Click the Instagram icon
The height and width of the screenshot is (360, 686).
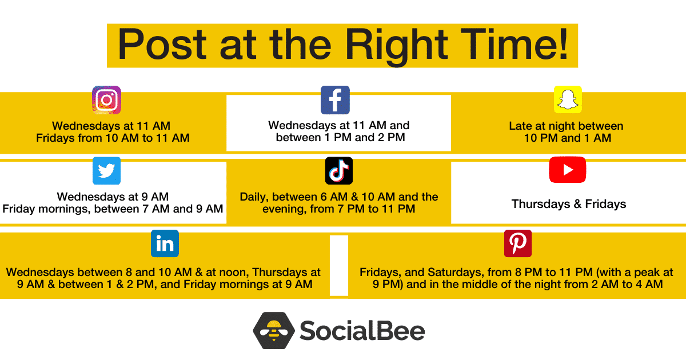click(106, 100)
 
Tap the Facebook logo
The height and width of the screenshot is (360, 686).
click(335, 100)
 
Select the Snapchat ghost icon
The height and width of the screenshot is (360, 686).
click(568, 99)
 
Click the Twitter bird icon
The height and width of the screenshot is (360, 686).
click(106, 171)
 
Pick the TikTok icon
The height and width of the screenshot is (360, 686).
click(338, 171)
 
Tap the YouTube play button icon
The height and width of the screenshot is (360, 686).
click(568, 170)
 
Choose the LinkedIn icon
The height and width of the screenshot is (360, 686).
click(165, 243)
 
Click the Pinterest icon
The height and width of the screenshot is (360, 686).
click(518, 243)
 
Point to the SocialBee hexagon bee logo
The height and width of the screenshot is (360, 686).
click(274, 331)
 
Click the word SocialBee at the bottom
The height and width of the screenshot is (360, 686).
click(362, 331)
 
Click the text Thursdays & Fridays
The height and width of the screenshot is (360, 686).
click(569, 204)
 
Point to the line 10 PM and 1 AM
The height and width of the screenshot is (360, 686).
click(568, 138)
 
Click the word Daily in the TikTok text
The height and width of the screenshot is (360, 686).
click(254, 197)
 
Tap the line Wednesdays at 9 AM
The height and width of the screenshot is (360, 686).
click(113, 197)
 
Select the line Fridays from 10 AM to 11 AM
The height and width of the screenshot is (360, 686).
click(113, 138)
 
